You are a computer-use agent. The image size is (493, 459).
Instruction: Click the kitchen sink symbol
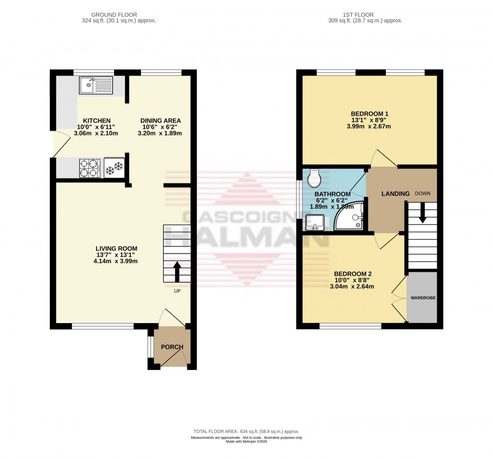click(97, 85)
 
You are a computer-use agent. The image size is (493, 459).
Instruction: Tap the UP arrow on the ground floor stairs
click(177, 271)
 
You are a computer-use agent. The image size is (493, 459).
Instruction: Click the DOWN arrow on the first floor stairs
click(422, 211)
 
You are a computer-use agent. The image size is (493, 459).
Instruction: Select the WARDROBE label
click(423, 298)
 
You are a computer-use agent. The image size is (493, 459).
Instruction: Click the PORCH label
click(172, 347)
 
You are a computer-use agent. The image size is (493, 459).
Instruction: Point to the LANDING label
click(396, 194)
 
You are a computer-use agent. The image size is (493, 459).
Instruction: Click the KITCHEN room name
click(97, 121)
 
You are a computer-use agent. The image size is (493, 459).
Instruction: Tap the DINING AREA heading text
click(160, 121)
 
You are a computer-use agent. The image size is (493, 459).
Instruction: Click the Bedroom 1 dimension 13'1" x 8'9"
click(373, 120)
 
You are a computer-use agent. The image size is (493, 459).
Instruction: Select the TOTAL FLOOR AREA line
click(247, 431)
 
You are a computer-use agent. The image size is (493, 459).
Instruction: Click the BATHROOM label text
click(332, 194)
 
